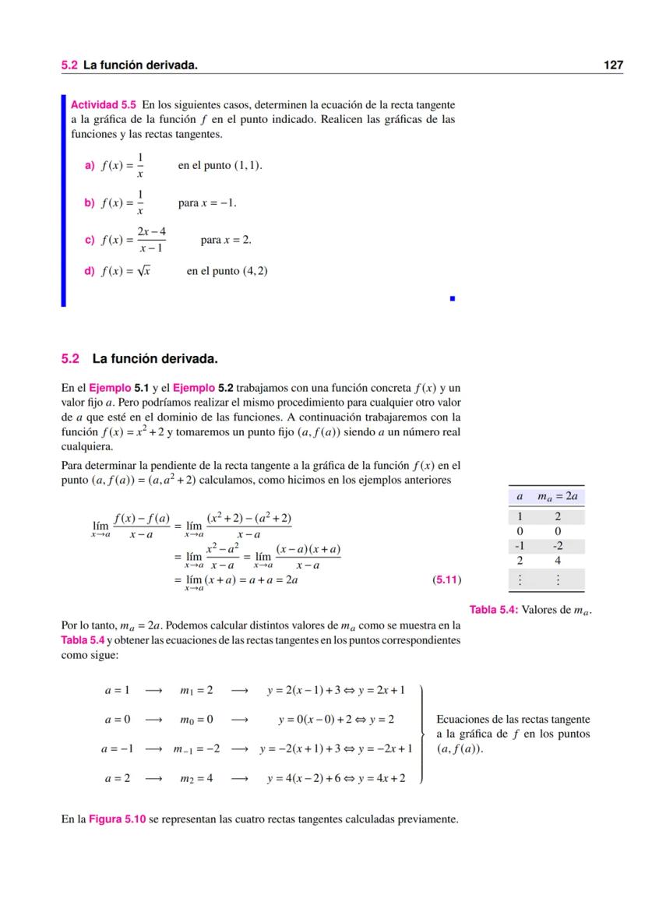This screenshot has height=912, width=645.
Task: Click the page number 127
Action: (x=613, y=65)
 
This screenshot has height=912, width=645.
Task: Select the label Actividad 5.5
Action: (x=104, y=104)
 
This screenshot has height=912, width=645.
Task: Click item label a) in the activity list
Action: (x=89, y=166)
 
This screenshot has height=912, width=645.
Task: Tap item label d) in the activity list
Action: (x=89, y=272)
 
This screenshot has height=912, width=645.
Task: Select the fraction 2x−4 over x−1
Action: (x=152, y=240)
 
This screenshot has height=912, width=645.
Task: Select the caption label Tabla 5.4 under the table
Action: (x=493, y=610)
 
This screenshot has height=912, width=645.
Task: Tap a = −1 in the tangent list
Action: (x=118, y=749)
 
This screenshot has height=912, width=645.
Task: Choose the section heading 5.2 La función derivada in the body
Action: (x=139, y=359)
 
